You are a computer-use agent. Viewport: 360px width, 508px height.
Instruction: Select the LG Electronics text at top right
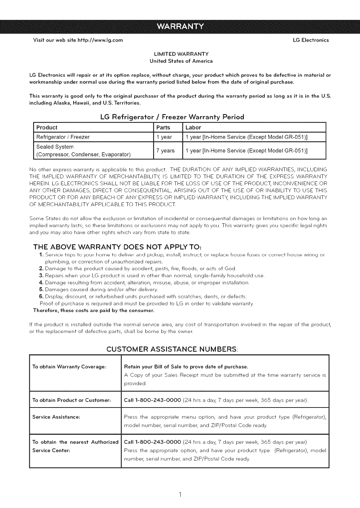click(311, 40)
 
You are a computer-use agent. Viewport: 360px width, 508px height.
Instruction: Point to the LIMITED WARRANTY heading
click(181, 54)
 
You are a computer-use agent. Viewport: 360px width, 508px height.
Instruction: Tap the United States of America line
click(181, 61)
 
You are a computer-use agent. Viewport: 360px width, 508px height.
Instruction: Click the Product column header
click(47, 128)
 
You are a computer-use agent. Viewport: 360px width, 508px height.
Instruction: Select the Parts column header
click(163, 128)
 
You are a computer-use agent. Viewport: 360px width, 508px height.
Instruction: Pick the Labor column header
click(193, 128)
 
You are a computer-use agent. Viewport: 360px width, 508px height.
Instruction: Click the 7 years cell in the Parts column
click(165, 151)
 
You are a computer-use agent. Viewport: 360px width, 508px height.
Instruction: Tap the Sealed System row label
click(55, 147)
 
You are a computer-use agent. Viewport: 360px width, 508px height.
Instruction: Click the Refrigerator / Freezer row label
click(63, 137)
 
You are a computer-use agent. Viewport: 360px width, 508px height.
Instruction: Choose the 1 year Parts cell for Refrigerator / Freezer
click(164, 137)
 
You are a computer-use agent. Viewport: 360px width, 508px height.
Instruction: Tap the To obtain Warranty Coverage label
click(69, 367)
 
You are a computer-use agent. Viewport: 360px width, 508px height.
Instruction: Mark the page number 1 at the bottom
click(180, 494)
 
